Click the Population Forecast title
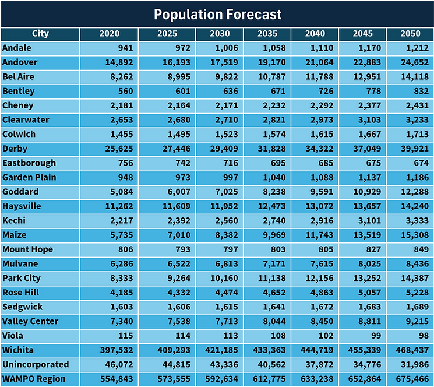point(217,14)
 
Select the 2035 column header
point(266,34)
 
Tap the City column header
point(40,34)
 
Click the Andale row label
point(17,48)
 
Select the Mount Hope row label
point(27,249)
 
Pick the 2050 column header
point(410,34)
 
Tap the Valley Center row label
point(30,321)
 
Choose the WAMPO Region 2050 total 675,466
point(411,379)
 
